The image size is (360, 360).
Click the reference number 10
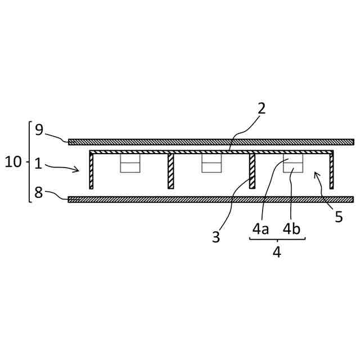click(x=13, y=163)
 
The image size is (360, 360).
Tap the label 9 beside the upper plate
click(x=39, y=130)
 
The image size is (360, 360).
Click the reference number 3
click(x=216, y=237)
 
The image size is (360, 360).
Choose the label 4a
click(x=260, y=229)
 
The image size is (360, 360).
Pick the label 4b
click(x=291, y=229)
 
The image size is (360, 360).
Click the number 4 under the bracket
click(x=277, y=251)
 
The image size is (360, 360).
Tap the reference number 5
click(x=339, y=217)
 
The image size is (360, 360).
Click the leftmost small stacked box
click(x=130, y=163)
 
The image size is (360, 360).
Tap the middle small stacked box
click(x=211, y=163)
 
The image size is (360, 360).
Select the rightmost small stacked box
click(x=293, y=163)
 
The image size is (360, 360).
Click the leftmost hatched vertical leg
click(x=91, y=170)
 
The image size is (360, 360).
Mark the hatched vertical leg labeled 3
click(x=253, y=170)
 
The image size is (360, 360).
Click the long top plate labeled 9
click(x=211, y=142)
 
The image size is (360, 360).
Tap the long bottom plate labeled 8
click(x=211, y=199)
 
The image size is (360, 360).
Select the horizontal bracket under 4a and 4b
click(x=277, y=240)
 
